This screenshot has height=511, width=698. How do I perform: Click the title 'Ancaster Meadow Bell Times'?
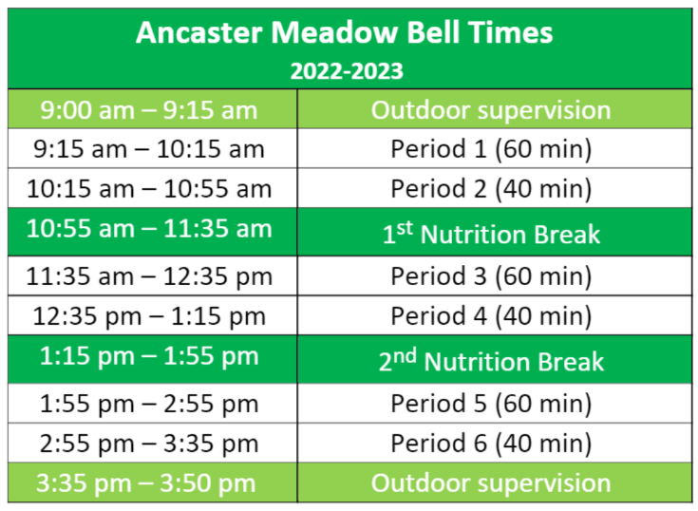(344, 33)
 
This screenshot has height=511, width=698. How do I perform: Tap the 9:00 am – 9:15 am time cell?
(149, 110)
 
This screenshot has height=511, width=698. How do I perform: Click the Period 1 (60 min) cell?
(491, 149)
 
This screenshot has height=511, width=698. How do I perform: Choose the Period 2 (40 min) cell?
(491, 189)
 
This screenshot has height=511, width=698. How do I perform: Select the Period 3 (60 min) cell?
(491, 276)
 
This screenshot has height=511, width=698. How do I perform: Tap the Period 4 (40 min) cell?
(491, 315)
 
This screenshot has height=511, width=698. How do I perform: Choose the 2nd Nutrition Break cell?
(491, 361)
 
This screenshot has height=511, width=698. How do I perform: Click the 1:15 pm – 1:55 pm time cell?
(149, 356)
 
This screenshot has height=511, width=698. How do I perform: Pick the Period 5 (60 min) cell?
(491, 404)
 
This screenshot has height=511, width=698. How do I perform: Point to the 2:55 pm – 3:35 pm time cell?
(149, 443)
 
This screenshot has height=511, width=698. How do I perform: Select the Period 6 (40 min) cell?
(491, 443)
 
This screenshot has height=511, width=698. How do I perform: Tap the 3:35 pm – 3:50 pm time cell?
(149, 483)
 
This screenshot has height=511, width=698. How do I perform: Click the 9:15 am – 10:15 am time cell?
(149, 149)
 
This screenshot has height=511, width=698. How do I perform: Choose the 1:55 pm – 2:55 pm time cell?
(149, 404)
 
